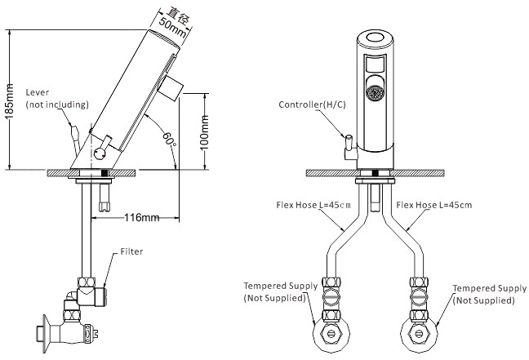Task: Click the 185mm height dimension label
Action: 10,101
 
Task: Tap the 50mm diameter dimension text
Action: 172,27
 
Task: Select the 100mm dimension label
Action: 204,132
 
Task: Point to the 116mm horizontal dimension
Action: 142,218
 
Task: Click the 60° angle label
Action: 169,138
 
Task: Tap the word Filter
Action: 131,251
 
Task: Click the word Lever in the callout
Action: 37,92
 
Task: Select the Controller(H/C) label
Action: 312,104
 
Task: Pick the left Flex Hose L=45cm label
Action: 313,205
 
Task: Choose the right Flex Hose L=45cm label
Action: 433,205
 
